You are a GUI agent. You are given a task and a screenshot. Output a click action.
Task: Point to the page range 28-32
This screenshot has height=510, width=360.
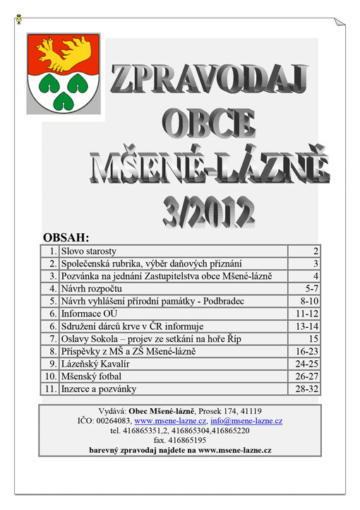[308, 389]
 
